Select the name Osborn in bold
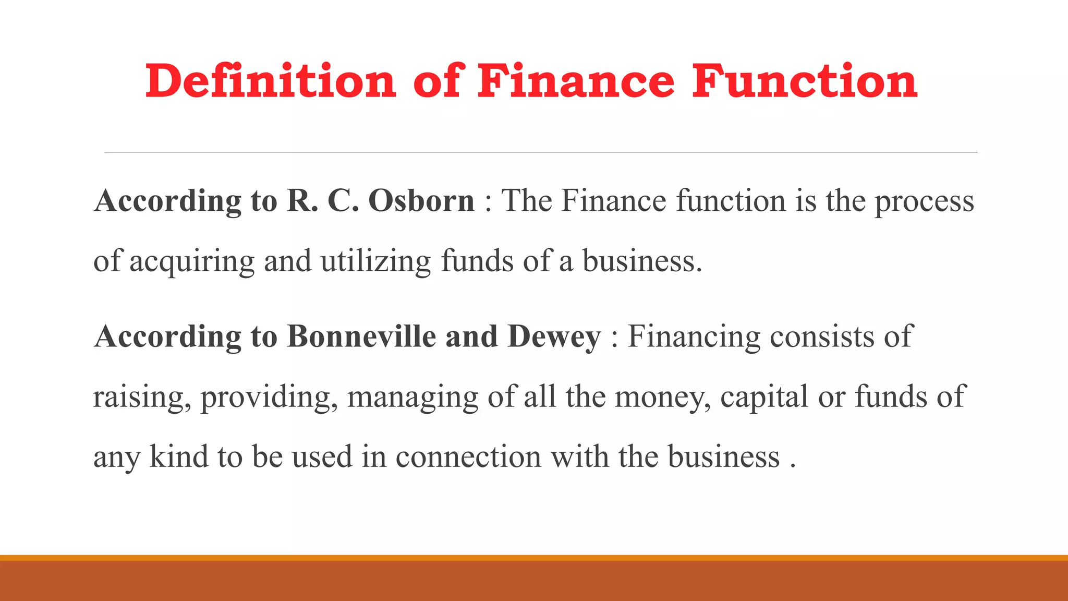(x=421, y=201)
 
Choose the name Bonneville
(x=361, y=336)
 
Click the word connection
(x=468, y=457)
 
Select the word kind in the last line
(x=179, y=457)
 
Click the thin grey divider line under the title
(x=541, y=152)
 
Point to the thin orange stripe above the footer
(x=534, y=558)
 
